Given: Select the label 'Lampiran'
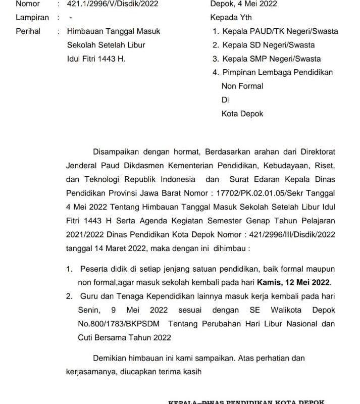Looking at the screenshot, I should coord(32,18).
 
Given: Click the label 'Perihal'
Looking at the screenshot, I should coord(28,31).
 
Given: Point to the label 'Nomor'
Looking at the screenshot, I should coord(28,4).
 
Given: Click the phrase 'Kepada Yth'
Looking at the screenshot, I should coord(231,18).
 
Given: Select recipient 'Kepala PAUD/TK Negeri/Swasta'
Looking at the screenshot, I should coord(280,31).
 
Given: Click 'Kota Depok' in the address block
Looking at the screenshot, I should coord(242,114).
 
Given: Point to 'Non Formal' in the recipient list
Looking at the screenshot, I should coord(242,86).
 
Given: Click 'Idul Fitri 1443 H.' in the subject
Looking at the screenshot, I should coord(96,59).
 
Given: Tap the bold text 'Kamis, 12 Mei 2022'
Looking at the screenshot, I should coord(293,282).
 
